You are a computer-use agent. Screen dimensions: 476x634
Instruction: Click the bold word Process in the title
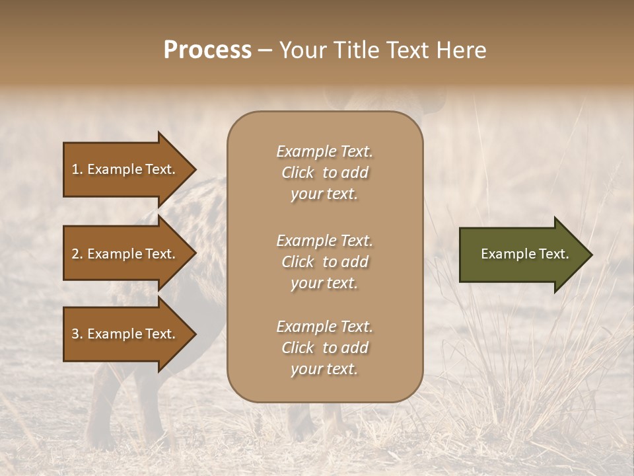click(x=207, y=50)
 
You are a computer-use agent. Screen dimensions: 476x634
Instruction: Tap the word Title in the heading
click(x=355, y=50)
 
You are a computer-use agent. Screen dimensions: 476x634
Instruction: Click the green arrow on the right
click(x=522, y=255)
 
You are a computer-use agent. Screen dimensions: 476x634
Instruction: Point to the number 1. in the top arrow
click(x=77, y=169)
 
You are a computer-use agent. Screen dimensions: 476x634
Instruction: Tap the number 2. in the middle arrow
click(x=77, y=254)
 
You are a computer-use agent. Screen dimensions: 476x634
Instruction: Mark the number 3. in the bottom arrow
click(x=77, y=334)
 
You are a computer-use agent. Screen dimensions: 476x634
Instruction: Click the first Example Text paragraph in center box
click(x=325, y=173)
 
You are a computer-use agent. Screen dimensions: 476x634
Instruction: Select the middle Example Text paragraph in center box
click(x=325, y=262)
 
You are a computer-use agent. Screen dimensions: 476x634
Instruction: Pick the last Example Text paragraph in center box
click(x=325, y=348)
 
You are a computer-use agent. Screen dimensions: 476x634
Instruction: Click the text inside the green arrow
click(x=525, y=254)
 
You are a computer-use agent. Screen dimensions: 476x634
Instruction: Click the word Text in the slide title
click(x=408, y=50)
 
